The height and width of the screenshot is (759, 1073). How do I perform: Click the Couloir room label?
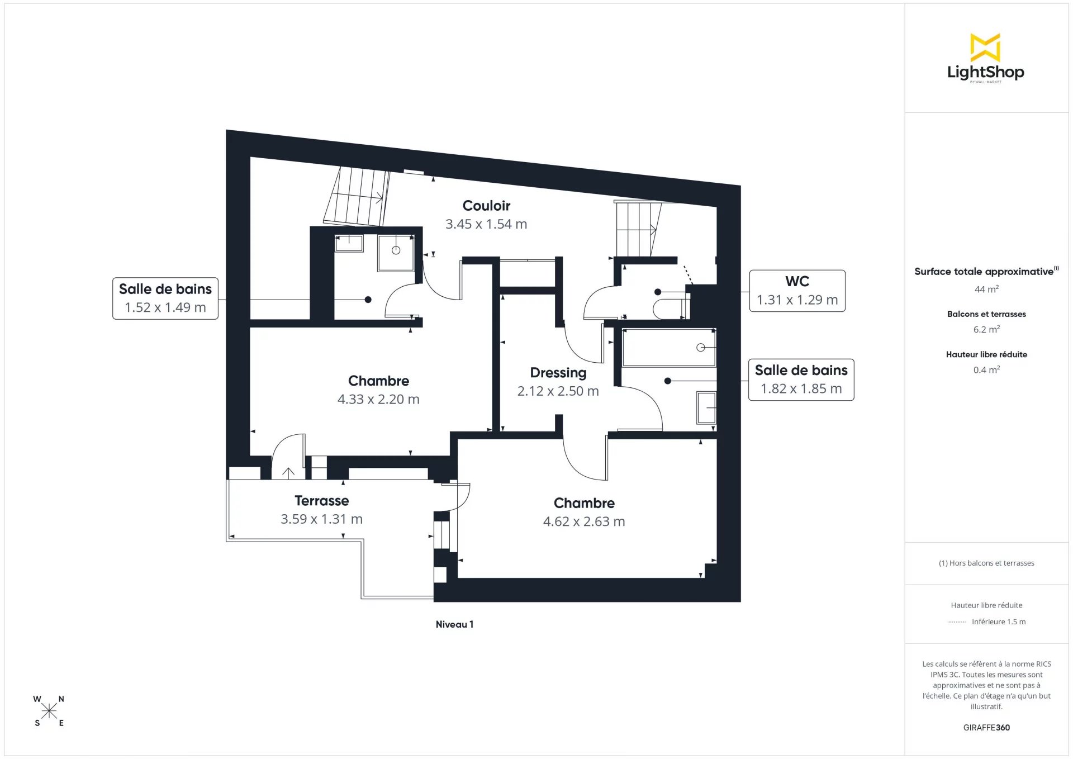[x=486, y=206]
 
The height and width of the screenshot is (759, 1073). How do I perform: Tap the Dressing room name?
[x=558, y=373]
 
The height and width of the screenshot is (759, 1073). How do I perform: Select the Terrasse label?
[x=322, y=501]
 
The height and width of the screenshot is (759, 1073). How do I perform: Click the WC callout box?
[x=797, y=291]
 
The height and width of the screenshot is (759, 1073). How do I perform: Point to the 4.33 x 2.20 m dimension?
[x=378, y=399]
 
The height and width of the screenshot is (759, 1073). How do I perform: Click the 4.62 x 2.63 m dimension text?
[x=584, y=521]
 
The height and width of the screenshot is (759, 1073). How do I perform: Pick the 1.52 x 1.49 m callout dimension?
[x=165, y=307]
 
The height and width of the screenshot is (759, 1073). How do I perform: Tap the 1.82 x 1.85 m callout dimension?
[x=801, y=388]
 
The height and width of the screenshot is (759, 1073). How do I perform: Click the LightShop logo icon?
[x=985, y=48]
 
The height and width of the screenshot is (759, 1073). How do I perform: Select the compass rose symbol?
[x=49, y=711]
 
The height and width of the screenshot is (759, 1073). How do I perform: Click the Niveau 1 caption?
[x=454, y=624]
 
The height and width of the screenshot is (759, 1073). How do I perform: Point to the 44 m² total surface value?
[x=986, y=289]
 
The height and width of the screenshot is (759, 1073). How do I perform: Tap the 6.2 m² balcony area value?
[x=986, y=329]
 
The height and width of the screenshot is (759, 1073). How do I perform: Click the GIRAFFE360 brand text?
[x=986, y=727]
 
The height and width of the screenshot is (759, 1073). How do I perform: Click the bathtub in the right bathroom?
[x=669, y=348]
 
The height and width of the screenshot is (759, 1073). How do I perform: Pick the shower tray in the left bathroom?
[x=396, y=253]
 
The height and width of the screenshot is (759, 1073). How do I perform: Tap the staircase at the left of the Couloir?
[x=357, y=196]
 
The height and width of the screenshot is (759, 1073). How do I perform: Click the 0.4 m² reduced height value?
[x=986, y=369]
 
